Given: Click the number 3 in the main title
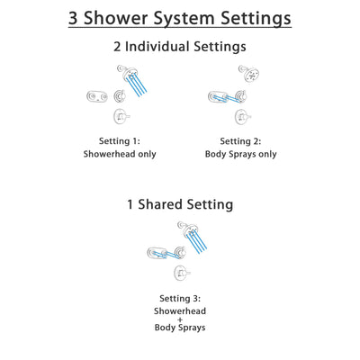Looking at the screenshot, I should [76, 18].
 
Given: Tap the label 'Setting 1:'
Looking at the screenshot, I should [120, 140].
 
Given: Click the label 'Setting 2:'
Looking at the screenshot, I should [240, 140].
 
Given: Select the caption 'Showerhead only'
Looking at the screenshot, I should [120, 154].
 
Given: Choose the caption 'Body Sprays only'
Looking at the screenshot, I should [240, 154].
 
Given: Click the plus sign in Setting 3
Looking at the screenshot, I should [180, 319].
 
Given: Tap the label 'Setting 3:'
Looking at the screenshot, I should [180, 298].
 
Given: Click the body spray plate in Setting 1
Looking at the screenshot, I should [96, 96].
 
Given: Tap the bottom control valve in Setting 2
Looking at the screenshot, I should [240, 117].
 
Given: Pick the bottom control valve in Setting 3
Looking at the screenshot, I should [182, 272].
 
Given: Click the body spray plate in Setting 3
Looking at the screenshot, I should [157, 253].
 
